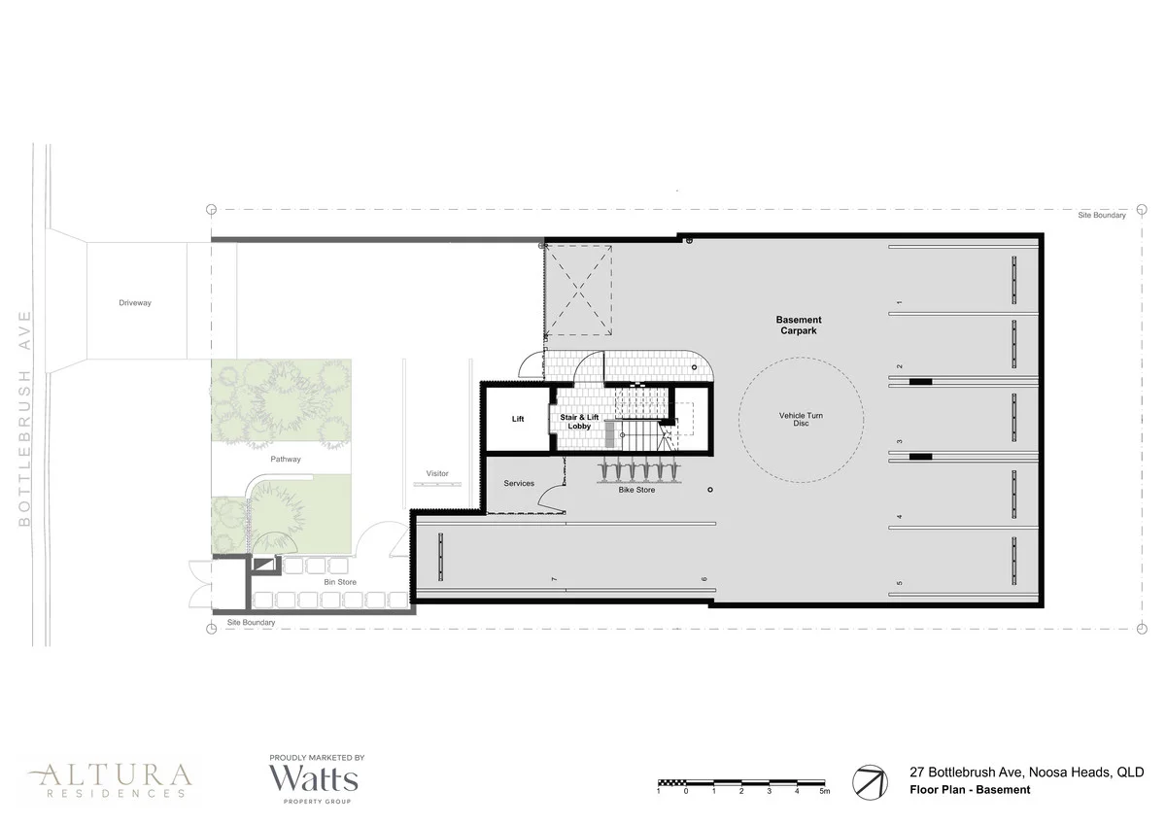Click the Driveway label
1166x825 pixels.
(x=135, y=303)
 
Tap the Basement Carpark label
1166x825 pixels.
(x=799, y=326)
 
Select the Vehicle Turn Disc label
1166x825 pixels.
(x=801, y=420)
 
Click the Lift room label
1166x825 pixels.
(x=518, y=419)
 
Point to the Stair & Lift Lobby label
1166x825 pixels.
(x=582, y=421)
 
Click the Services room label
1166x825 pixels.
(x=519, y=483)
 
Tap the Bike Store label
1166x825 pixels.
(x=636, y=490)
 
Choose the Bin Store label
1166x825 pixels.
(x=340, y=582)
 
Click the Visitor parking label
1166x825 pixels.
(x=437, y=474)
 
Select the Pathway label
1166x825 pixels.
(x=286, y=459)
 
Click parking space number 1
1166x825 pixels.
(x=900, y=303)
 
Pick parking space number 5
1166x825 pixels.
(x=900, y=583)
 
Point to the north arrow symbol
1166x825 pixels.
(x=871, y=782)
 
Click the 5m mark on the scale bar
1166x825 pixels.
(x=825, y=792)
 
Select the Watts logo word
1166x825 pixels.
(x=313, y=778)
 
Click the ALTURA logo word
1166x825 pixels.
(x=110, y=775)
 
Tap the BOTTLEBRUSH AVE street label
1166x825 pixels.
(x=25, y=419)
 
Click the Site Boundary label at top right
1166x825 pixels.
(x=1101, y=216)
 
